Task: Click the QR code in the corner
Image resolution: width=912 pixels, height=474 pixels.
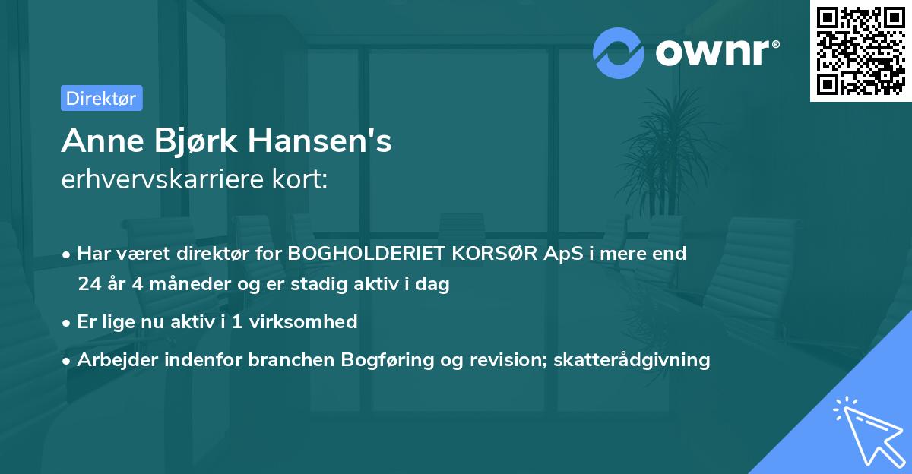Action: pos(861,51)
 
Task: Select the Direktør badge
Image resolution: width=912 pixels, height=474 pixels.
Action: pos(101,98)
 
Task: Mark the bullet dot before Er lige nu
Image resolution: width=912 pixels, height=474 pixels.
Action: pos(67,323)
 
